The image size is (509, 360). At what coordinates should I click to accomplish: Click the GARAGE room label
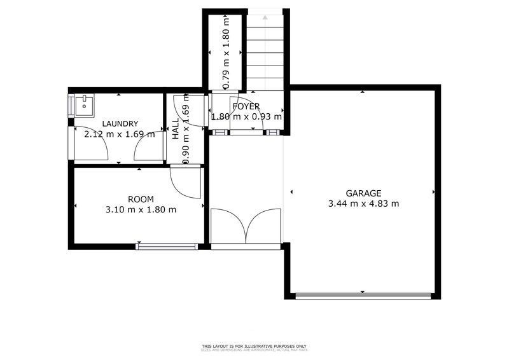(363, 193)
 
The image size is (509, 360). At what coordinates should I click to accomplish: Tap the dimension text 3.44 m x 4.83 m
(363, 204)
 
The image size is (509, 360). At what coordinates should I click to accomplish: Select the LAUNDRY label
(120, 124)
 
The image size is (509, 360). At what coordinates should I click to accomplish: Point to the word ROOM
(141, 199)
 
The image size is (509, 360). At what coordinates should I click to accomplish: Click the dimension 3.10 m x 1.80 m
(141, 209)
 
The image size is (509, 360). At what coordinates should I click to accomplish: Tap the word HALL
(176, 130)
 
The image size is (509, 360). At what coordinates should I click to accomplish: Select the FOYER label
(246, 106)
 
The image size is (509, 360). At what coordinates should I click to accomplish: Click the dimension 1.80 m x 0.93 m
(246, 117)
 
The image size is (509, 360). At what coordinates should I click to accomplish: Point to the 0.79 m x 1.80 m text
(225, 51)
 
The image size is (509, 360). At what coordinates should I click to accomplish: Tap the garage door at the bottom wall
(363, 295)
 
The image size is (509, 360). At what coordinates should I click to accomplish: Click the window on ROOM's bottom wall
(167, 246)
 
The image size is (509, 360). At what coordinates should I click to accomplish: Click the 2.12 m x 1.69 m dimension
(120, 134)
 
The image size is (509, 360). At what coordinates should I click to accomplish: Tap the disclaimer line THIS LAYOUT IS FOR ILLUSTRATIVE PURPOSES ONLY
(254, 346)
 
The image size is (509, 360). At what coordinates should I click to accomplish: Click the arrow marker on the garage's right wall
(434, 191)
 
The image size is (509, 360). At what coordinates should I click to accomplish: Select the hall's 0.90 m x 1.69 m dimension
(186, 130)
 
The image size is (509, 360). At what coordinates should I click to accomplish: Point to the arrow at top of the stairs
(264, 17)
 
